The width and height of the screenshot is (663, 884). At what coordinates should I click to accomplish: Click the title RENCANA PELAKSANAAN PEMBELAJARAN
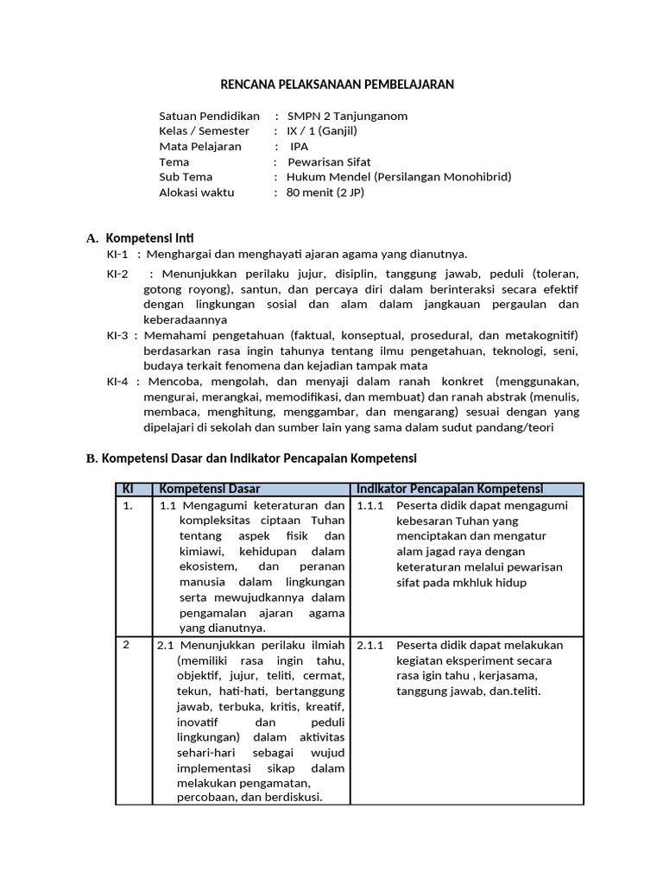tap(337, 84)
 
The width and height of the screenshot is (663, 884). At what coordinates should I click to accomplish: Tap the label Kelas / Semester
tap(205, 131)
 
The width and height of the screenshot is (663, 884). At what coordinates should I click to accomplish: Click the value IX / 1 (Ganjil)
tap(322, 131)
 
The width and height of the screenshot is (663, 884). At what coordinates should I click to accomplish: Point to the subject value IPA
tap(299, 147)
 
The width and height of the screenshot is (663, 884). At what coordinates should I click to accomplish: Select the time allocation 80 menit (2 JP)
tap(325, 193)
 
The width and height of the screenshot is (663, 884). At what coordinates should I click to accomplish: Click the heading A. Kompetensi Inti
tap(146, 237)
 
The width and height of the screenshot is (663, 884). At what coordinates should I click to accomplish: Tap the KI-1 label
tap(117, 254)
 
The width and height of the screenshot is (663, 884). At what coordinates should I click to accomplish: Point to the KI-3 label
tap(117, 335)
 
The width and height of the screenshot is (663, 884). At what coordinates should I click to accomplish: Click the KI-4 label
tap(117, 381)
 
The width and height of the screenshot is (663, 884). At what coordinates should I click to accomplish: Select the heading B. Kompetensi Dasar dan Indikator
tap(251, 458)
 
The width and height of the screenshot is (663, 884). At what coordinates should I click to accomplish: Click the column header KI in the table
tap(129, 489)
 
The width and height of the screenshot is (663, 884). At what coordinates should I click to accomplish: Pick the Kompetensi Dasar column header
tap(210, 489)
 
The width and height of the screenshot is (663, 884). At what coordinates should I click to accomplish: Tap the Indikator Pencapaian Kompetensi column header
tap(450, 489)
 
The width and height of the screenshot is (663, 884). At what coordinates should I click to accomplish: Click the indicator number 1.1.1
tap(369, 506)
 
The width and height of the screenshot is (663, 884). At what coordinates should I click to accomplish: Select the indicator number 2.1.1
tap(369, 645)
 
